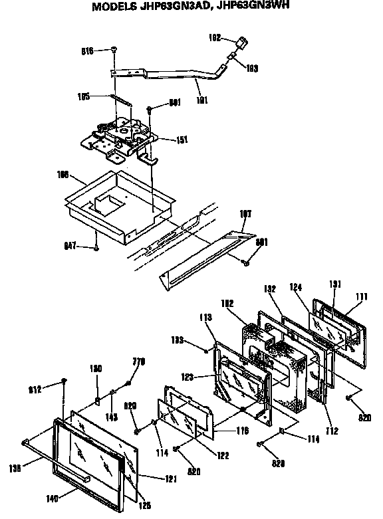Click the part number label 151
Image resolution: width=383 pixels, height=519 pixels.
pos(181,140)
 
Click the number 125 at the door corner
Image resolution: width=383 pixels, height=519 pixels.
pos(144,505)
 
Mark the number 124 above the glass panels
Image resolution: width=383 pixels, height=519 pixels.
pos(295,288)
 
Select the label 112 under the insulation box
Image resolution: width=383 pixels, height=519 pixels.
pos(332,431)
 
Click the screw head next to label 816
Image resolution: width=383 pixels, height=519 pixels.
pos(114,51)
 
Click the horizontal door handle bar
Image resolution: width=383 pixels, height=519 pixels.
pos(57,458)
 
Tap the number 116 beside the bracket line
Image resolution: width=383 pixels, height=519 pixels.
pos(242,431)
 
